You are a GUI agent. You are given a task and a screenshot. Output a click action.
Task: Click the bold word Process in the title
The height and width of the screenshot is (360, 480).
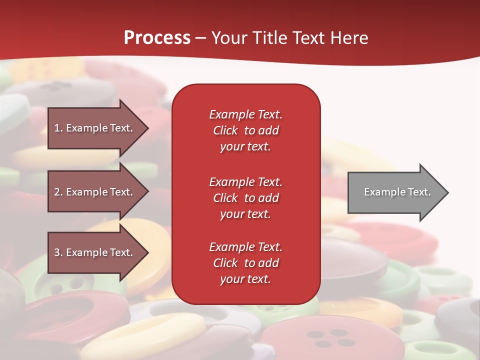pyautogui.click(x=157, y=38)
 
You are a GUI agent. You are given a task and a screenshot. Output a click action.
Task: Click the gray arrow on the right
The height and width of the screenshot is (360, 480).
pyautogui.click(x=395, y=192)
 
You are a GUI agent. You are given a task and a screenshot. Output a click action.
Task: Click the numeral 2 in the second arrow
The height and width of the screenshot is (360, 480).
pyautogui.click(x=57, y=192)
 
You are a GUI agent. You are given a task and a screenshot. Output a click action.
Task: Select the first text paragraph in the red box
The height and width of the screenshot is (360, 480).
pyautogui.click(x=245, y=130)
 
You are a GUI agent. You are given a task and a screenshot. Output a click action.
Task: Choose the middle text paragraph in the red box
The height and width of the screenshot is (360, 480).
pyautogui.click(x=245, y=198)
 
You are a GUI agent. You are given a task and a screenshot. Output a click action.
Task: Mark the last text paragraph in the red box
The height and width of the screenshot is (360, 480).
pyautogui.click(x=245, y=263)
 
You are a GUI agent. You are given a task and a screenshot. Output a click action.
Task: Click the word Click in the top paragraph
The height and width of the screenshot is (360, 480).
pyautogui.click(x=225, y=130)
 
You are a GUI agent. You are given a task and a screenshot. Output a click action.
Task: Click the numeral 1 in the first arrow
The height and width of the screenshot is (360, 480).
pyautogui.click(x=56, y=128)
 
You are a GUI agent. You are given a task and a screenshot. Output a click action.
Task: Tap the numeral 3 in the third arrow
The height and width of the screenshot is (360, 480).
pyautogui.click(x=57, y=252)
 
